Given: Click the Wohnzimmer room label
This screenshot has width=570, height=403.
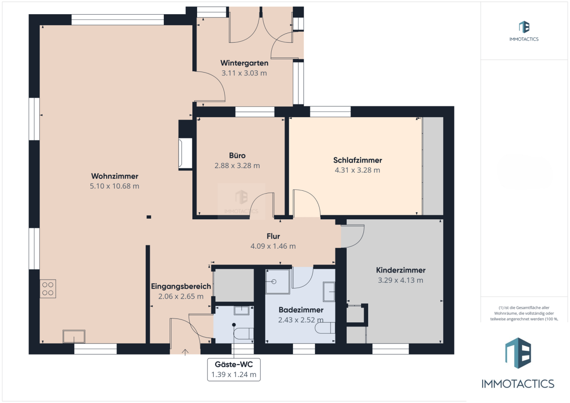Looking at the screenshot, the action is click(115, 176).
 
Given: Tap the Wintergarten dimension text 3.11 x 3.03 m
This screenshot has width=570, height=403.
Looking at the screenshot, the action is click(244, 73).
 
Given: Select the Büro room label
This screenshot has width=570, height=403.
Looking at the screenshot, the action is click(237, 155).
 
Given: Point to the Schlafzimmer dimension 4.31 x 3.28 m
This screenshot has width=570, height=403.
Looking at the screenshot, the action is click(357, 170).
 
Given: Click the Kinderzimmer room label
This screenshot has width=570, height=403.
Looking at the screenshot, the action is click(400, 270).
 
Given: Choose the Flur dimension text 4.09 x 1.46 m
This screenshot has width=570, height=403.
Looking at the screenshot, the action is click(273, 246).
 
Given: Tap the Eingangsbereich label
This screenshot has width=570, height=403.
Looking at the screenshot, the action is click(181, 286).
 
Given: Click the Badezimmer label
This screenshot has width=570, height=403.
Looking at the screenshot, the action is click(301, 309).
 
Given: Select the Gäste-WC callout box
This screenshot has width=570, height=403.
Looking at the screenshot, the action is click(234, 369).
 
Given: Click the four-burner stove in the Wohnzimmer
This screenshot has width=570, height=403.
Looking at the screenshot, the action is click(48, 289).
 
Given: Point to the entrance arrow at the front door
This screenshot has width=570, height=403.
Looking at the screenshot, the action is click(185, 352).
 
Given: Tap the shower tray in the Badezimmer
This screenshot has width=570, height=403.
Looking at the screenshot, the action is click(277, 281).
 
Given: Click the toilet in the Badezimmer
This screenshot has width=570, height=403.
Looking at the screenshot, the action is click(325, 328).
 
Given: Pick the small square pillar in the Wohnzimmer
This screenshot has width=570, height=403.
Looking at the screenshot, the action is click(149, 217).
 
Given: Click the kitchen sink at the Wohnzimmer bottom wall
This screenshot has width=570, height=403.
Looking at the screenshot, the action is click(74, 337).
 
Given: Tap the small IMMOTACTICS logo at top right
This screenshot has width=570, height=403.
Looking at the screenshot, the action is click(524, 31).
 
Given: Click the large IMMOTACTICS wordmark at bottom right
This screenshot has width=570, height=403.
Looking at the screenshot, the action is click(518, 384).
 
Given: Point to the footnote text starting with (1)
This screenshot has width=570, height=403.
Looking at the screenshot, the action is click(524, 313).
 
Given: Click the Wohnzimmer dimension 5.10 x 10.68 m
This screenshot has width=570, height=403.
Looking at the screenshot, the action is click(114, 186).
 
